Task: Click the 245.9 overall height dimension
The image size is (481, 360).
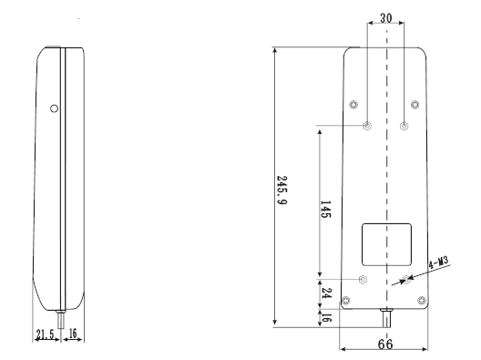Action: pos(281,190)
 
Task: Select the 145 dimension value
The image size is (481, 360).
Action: pos(325,210)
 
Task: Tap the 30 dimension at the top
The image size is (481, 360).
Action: pos(385,18)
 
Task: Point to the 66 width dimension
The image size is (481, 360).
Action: pos(385,344)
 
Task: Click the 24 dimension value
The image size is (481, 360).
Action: pos(326,293)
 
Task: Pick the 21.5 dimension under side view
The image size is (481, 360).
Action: pos(45,334)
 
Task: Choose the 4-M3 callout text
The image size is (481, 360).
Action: pos(438,262)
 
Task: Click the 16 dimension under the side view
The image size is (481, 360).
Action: pos(73,334)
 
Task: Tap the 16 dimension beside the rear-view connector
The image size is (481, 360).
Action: pos(326,317)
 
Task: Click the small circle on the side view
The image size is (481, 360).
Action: pos(54,108)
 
